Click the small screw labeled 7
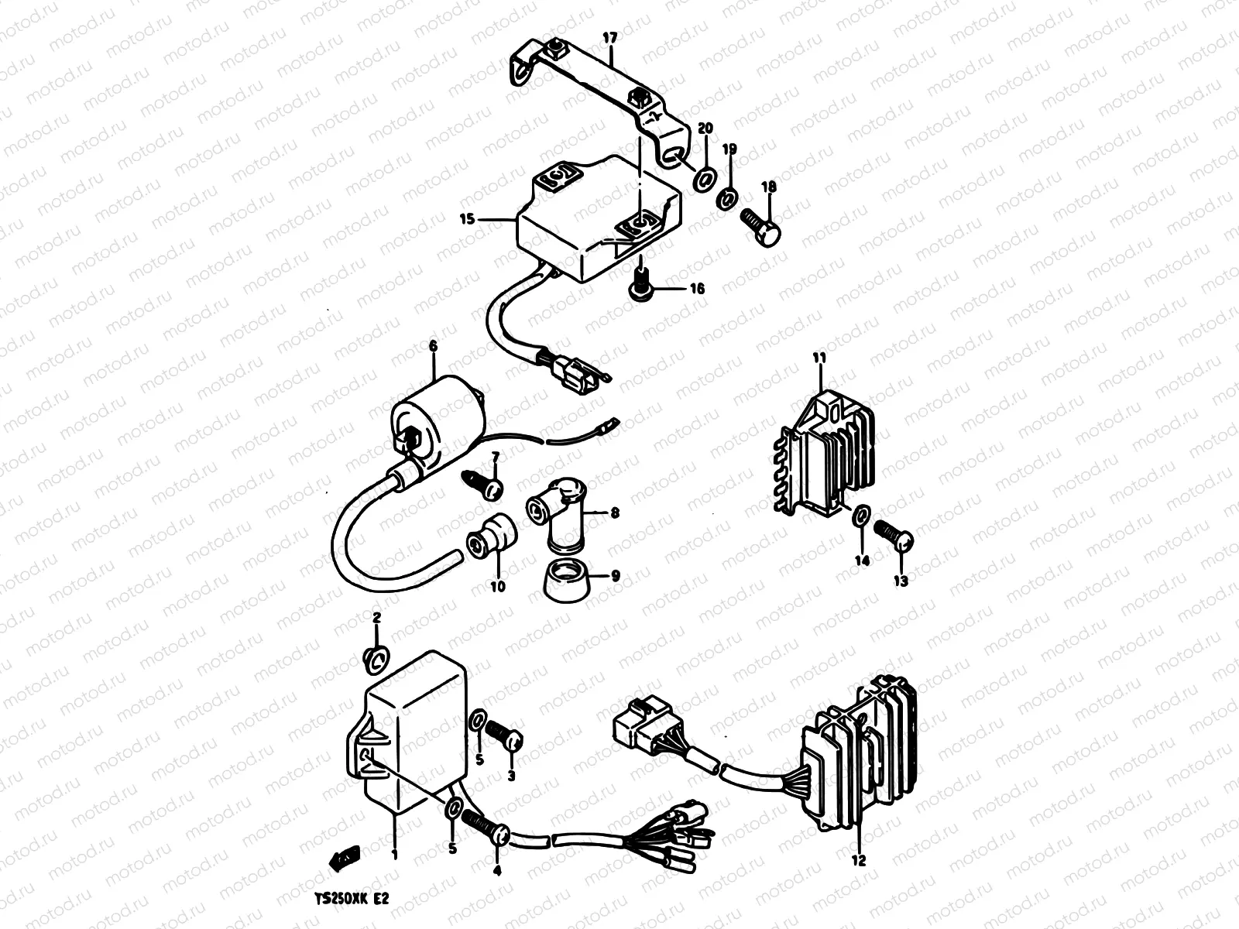pos(482,485)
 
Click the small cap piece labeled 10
pos(493,536)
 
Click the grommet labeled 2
pos(376,658)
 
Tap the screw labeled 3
pos(504,733)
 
